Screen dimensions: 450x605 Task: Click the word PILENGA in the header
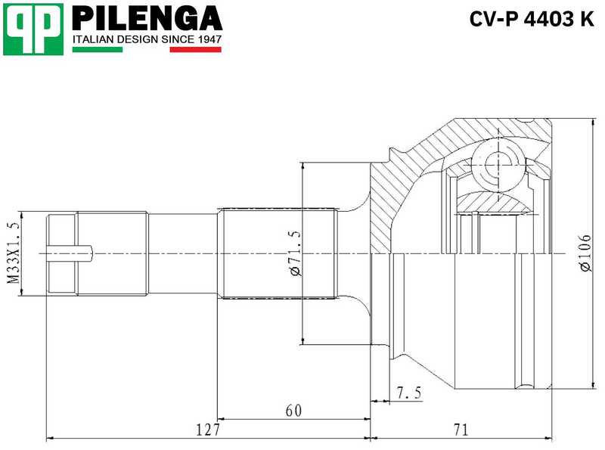point(147,18)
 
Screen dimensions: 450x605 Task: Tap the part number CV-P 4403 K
point(532,20)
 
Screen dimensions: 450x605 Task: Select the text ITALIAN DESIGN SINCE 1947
point(147,38)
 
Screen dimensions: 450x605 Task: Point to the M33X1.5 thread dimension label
point(11,253)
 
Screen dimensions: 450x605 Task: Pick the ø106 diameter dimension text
point(584,253)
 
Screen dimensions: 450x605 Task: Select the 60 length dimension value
point(293,411)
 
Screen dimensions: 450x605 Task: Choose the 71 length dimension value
point(461,430)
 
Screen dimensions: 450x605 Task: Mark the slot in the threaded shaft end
point(69,253)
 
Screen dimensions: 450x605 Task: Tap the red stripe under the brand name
point(195,50)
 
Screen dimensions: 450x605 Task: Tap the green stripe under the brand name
point(97,50)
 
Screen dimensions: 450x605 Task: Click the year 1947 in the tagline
point(206,38)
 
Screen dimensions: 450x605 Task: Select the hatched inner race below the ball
point(495,200)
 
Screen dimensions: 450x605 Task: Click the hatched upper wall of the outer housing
point(454,140)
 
